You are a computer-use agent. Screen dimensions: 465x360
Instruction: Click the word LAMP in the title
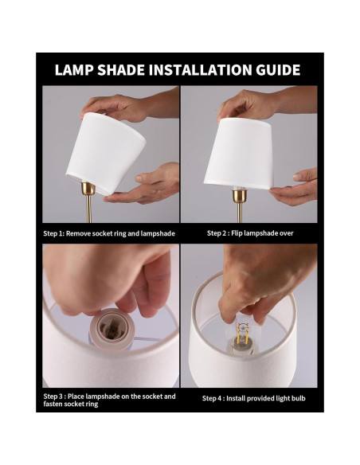(74, 70)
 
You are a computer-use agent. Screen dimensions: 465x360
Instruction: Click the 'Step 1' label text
(57, 234)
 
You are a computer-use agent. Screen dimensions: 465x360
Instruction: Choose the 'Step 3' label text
(57, 396)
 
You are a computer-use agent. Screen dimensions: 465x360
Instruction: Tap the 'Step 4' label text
(215, 398)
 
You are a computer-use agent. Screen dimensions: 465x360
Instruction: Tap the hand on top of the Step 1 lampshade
(119, 105)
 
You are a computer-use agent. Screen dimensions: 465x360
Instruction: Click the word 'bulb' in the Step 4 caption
(295, 398)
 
